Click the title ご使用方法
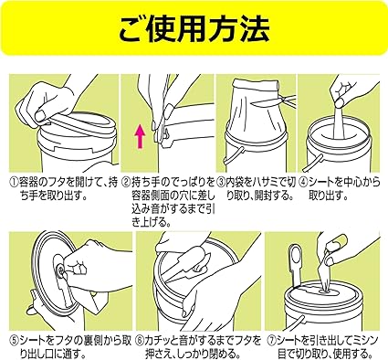(194, 28)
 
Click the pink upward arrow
(140, 137)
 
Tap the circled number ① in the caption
(14, 183)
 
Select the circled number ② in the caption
(126, 183)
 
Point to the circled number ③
(221, 183)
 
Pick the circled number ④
(303, 183)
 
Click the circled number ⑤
(14, 340)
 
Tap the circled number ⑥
(141, 340)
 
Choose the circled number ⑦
(272, 340)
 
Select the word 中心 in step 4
(352, 183)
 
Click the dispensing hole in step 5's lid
(62, 270)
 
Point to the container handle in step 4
(311, 163)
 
